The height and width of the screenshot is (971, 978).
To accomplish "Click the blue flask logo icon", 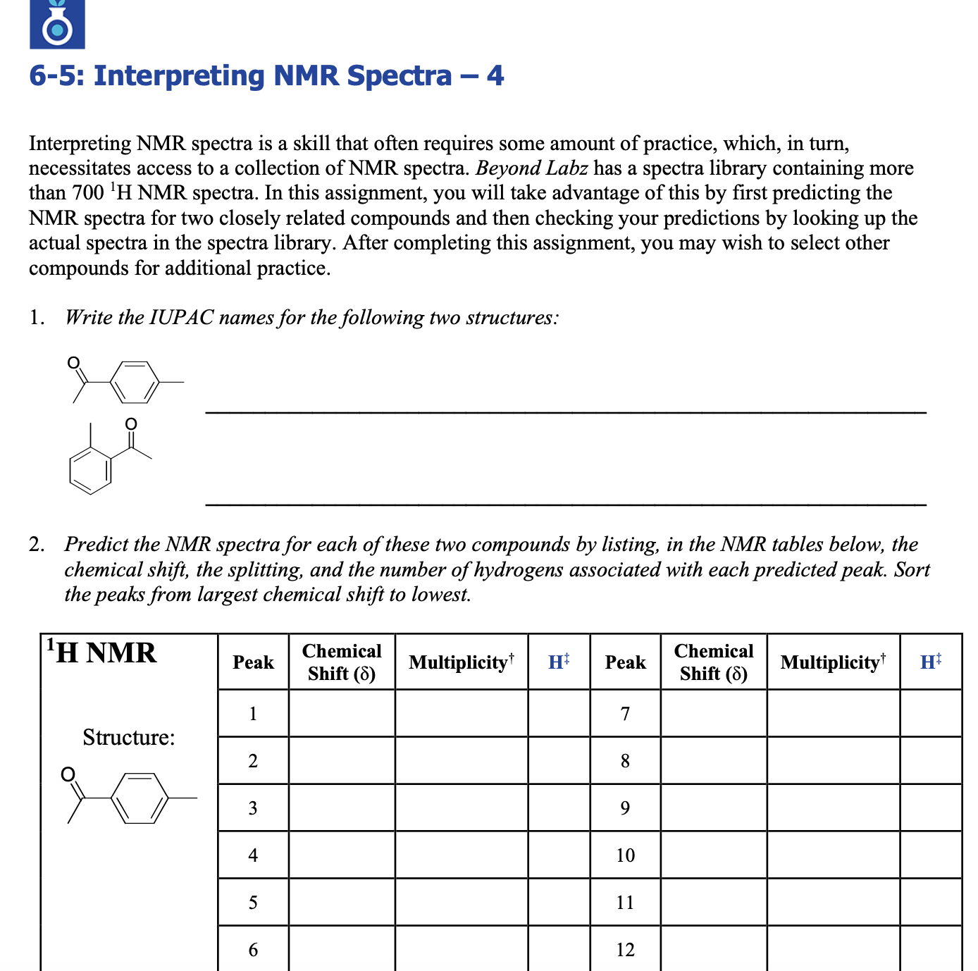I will (57, 25).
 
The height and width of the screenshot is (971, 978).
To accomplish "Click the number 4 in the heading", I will (495, 76).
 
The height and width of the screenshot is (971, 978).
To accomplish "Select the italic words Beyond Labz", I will (531, 168).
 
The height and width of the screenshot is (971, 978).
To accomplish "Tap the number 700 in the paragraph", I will (88, 193).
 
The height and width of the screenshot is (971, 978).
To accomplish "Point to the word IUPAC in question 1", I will (181, 318).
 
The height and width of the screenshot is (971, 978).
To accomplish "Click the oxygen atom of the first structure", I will (73, 364).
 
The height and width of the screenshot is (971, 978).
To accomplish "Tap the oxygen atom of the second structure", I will (130, 424).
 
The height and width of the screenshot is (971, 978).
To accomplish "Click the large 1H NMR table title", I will (101, 653).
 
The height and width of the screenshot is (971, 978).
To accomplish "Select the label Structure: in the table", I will (129, 737).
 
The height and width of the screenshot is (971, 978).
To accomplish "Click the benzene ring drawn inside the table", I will (140, 798).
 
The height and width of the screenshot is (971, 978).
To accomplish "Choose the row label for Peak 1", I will (253, 714).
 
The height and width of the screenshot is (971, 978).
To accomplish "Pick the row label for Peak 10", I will (625, 855).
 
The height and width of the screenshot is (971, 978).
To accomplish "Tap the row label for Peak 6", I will (253, 950).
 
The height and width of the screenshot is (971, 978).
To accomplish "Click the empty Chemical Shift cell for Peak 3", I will (342, 808).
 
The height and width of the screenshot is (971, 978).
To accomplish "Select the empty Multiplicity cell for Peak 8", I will (833, 761).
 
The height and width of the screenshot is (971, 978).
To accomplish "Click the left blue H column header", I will (558, 662).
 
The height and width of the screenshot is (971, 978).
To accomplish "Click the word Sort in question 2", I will (912, 569).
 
